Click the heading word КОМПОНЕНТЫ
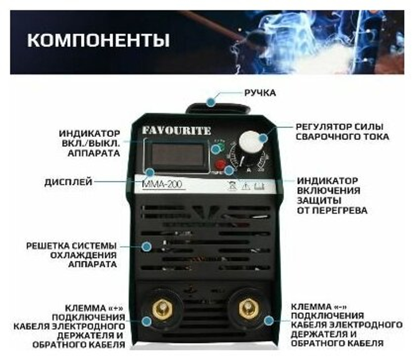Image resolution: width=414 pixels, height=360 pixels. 98,41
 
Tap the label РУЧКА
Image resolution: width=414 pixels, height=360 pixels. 260,93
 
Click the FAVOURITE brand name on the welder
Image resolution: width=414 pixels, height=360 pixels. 177,130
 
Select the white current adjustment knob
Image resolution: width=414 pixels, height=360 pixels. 251,142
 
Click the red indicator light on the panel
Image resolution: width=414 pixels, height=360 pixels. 220,163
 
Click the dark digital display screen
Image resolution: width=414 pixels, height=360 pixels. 177,155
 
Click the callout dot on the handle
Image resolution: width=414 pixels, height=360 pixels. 212,101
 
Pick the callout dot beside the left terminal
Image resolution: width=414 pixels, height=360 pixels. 146,321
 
